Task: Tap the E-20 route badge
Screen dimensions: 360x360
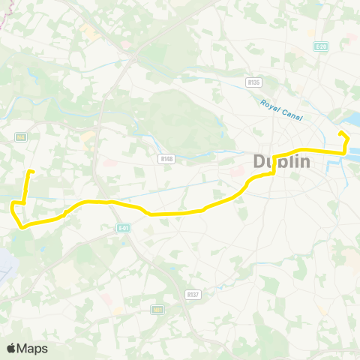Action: [322, 46]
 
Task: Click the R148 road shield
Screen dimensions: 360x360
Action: [166, 158]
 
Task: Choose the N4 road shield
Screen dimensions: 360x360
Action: [21, 137]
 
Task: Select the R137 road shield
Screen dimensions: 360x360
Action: [193, 295]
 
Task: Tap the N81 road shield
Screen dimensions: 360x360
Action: [157, 310]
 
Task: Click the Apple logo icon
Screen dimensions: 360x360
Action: [11, 348]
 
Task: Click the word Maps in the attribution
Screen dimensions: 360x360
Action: [32, 348]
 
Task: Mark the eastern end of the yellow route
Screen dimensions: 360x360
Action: [340, 133]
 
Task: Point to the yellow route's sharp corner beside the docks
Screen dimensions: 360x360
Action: [344, 152]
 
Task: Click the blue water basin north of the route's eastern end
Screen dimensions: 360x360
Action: [352, 121]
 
